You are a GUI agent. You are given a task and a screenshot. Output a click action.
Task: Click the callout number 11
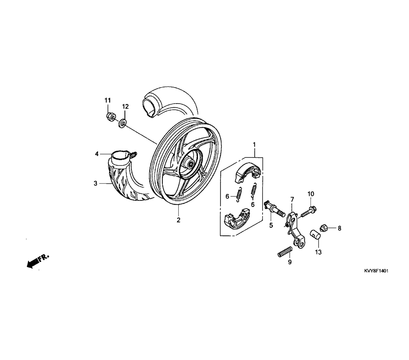pyautogui.click(x=108, y=101)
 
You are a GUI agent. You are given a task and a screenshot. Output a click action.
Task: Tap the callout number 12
pyautogui.click(x=126, y=106)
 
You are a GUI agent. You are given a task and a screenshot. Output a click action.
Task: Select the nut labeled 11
pyautogui.click(x=111, y=117)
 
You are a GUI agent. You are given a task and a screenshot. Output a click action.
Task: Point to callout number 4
pyautogui.click(x=97, y=154)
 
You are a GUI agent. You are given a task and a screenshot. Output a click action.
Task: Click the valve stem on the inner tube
pyautogui.click(x=134, y=155)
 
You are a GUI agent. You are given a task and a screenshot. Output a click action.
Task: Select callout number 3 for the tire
pyautogui.click(x=95, y=183)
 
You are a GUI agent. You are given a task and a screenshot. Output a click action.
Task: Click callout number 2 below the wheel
pyautogui.click(x=178, y=220)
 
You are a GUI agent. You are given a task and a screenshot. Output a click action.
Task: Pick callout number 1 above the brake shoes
pyautogui.click(x=254, y=144)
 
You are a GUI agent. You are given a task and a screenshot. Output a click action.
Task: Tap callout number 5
pyautogui.click(x=271, y=225)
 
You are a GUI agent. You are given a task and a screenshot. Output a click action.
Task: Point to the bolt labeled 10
pyautogui.click(x=309, y=211)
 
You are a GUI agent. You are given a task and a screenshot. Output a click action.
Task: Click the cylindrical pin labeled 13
pyautogui.click(x=315, y=234)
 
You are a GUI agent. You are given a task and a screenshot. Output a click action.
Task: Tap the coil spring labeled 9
pyautogui.click(x=285, y=252)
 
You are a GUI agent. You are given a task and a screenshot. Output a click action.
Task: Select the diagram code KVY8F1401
pyautogui.click(x=376, y=271)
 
